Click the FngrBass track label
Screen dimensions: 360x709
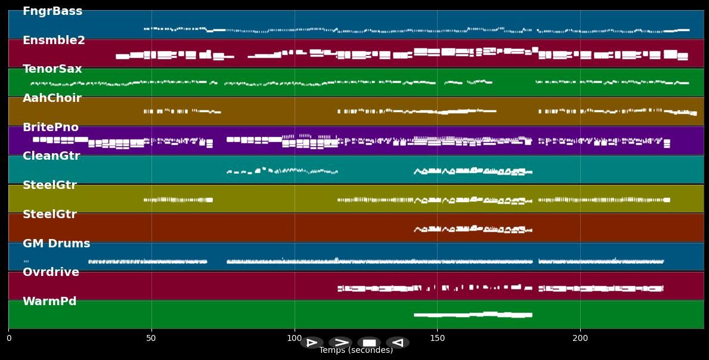coord(52,11)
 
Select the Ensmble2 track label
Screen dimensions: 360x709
coord(54,41)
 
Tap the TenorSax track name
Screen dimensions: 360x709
coord(52,69)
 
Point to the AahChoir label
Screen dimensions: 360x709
coord(52,98)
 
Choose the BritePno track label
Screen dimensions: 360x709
coord(51,128)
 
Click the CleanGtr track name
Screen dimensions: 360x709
coord(51,156)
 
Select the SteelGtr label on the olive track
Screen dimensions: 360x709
coord(49,185)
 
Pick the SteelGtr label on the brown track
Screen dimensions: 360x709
coord(49,215)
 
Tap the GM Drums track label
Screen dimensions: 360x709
coord(57,244)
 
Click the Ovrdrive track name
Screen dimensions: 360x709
coord(51,272)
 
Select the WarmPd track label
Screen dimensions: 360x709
coord(49,302)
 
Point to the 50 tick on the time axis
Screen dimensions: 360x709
coord(151,339)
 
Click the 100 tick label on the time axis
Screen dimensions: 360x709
coord(294,339)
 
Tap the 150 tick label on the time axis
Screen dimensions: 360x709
coord(437,339)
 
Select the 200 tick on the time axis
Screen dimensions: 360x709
coord(580,339)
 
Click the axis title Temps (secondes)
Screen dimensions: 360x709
coord(356,350)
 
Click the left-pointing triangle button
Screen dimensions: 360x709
coord(398,343)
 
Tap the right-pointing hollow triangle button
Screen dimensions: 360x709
coord(311,343)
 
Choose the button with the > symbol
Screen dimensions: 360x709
coord(340,343)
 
